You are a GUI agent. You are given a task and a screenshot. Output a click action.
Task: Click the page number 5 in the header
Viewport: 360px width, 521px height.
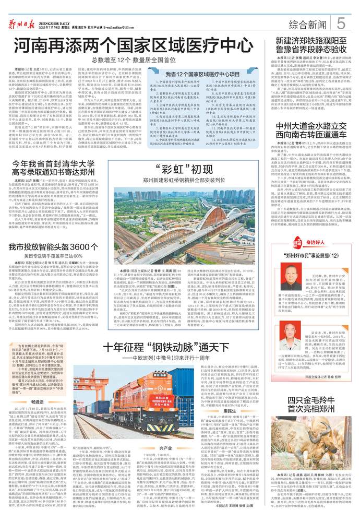tap(341, 23)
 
